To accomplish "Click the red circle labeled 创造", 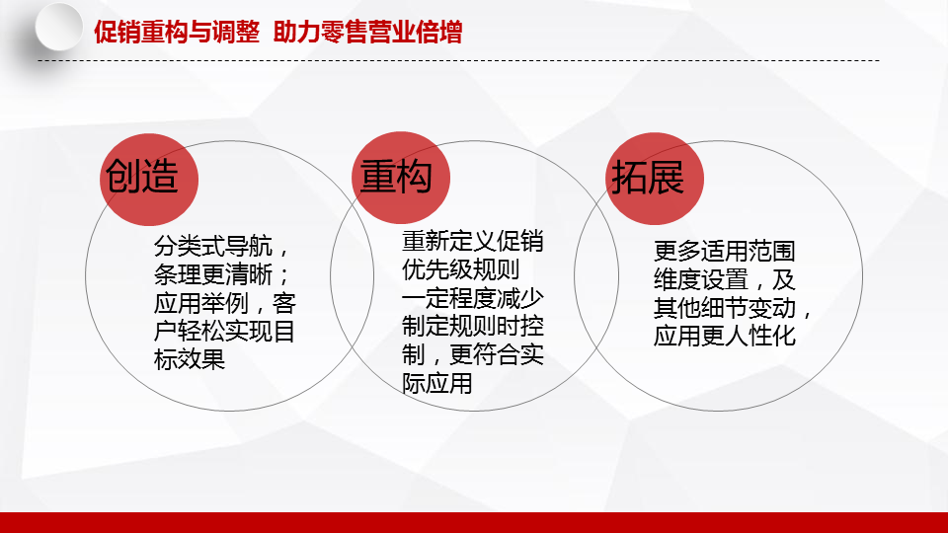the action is pyautogui.click(x=149, y=180).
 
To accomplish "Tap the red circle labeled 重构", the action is pyautogui.click(x=401, y=178).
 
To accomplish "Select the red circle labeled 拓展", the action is pyautogui.click(x=655, y=179).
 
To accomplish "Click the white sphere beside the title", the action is pyautogui.click(x=58, y=28).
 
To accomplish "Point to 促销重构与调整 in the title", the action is pyautogui.click(x=177, y=32).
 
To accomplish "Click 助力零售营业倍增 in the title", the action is pyautogui.click(x=367, y=32).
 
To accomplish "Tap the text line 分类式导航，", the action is pyautogui.click(x=222, y=247).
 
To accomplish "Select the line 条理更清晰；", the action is pyautogui.click(x=222, y=275).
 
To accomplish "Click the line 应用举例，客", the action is pyautogui.click(x=225, y=303).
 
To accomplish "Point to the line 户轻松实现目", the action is pyautogui.click(x=225, y=332).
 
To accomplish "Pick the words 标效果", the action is pyautogui.click(x=190, y=359).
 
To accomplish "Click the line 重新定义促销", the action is pyautogui.click(x=473, y=242).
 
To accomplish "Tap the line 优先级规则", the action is pyautogui.click(x=461, y=270).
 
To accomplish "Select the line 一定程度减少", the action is pyautogui.click(x=473, y=298).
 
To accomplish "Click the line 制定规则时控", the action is pyautogui.click(x=473, y=327).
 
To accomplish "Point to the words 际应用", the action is pyautogui.click(x=437, y=383).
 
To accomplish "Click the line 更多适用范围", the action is pyautogui.click(x=724, y=251).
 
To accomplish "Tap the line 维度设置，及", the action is pyautogui.click(x=724, y=279).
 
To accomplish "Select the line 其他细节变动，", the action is pyautogui.click(x=733, y=308).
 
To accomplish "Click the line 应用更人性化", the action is pyautogui.click(x=724, y=336).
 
